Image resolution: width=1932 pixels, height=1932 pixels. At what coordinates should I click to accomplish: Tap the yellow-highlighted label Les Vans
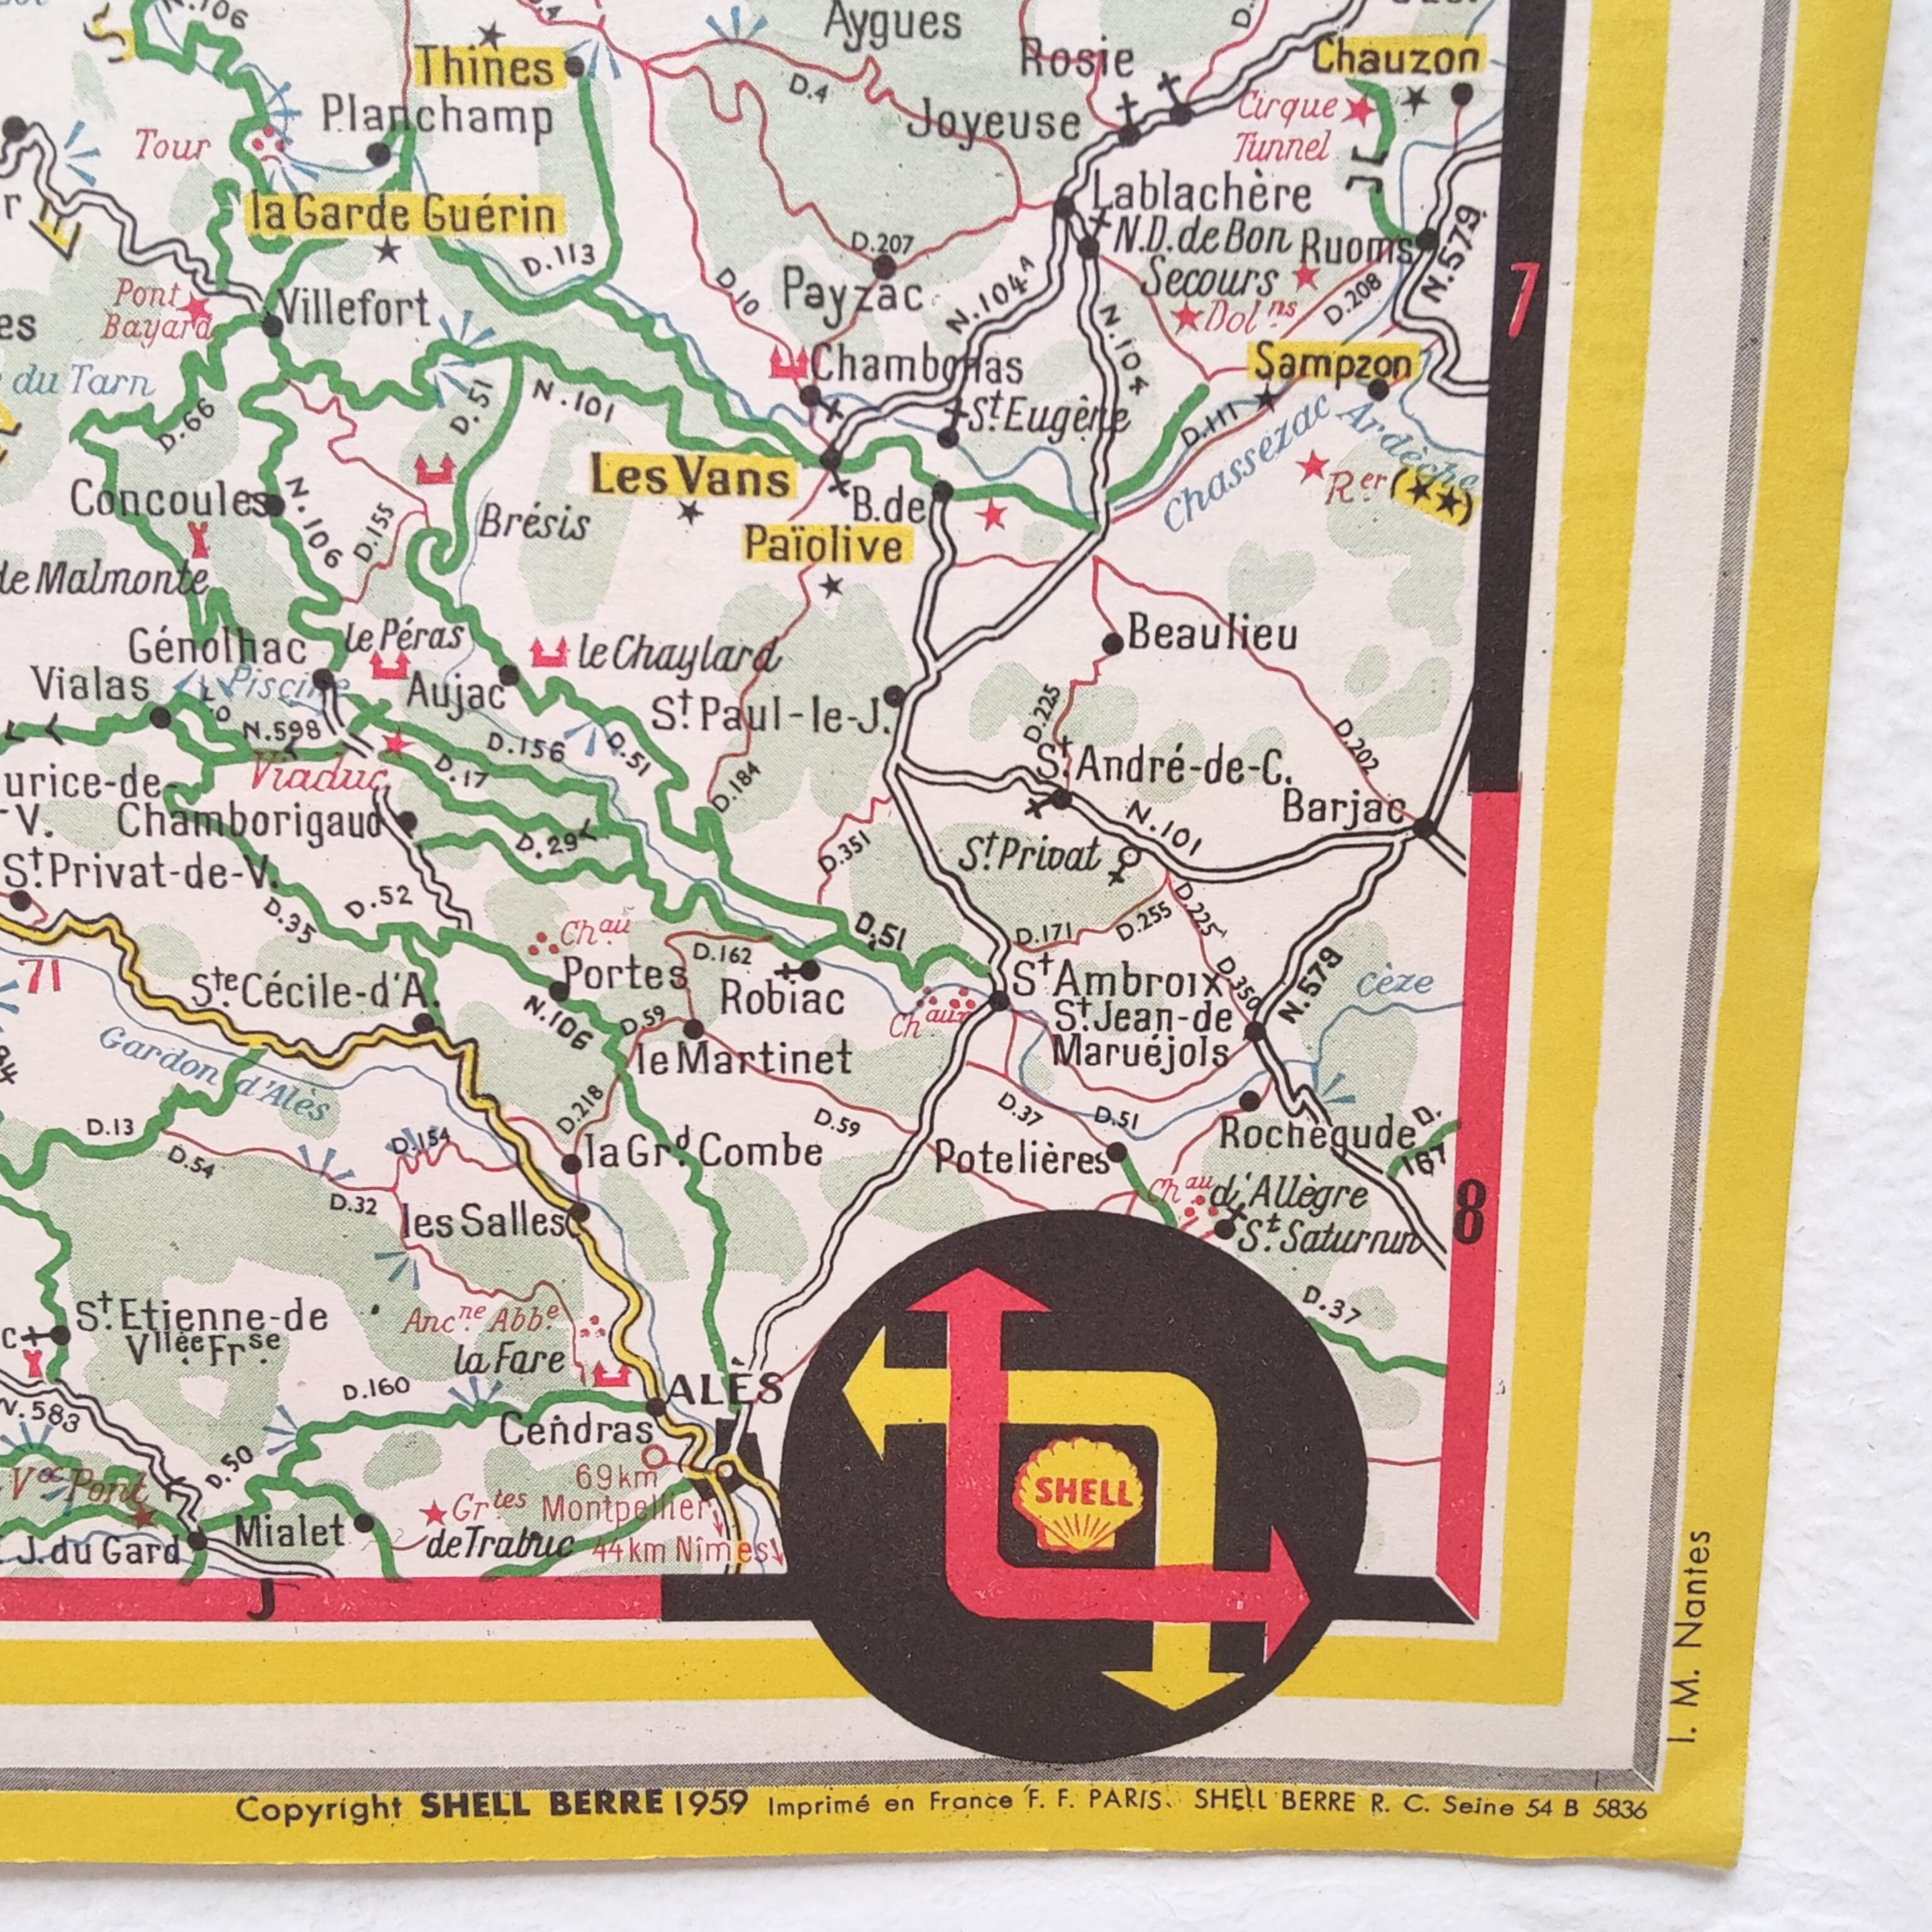(x=690, y=479)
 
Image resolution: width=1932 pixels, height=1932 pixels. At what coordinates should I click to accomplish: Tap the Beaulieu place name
(x=1212, y=634)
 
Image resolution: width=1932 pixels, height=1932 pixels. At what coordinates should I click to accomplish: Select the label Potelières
(x=1020, y=1158)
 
